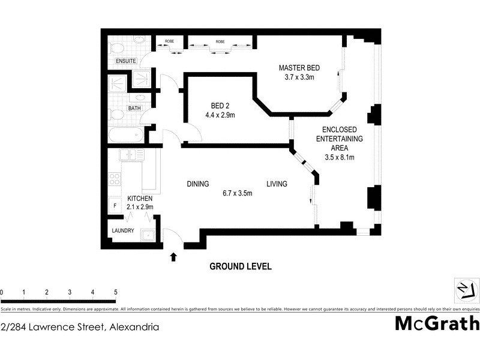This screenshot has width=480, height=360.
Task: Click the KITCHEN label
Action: click(140, 199)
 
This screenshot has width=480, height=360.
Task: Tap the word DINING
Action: click(197, 184)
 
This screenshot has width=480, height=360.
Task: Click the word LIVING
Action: click(277, 184)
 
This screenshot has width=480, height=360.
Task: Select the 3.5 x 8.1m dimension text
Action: click(340, 158)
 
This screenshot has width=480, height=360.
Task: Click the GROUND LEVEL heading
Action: click(240, 266)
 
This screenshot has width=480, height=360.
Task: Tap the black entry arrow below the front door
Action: click(174, 257)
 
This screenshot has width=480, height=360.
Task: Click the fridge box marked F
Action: click(115, 206)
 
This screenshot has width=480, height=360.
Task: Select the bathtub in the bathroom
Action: click(127, 135)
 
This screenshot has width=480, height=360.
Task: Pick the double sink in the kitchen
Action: click(131, 155)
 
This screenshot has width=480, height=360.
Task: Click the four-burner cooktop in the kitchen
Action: click(114, 178)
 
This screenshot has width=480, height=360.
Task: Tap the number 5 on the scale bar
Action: click(115, 292)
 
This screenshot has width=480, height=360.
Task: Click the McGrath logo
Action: click(437, 323)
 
